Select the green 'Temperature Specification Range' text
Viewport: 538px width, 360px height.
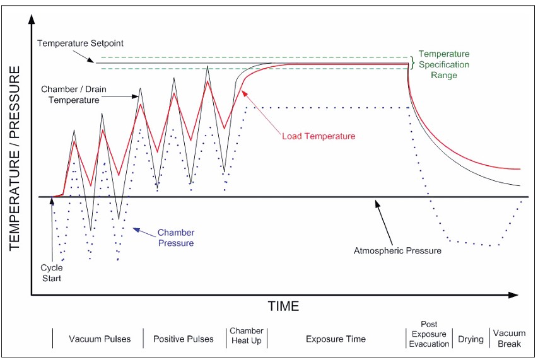444,64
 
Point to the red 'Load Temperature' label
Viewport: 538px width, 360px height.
318,136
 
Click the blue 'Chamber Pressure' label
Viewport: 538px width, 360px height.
175,238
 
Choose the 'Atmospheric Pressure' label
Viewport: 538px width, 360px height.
397,250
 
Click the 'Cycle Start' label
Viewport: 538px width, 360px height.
51,273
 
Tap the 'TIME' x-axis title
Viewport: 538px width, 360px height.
283,306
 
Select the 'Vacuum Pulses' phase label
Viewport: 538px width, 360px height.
100,339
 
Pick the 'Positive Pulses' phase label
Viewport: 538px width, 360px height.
183,339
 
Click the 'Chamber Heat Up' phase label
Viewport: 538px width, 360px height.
246,335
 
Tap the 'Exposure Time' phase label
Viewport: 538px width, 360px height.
336,339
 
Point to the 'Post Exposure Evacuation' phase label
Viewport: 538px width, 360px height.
428,334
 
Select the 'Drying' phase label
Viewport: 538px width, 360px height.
471,339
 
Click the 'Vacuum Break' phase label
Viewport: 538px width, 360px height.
509,339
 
